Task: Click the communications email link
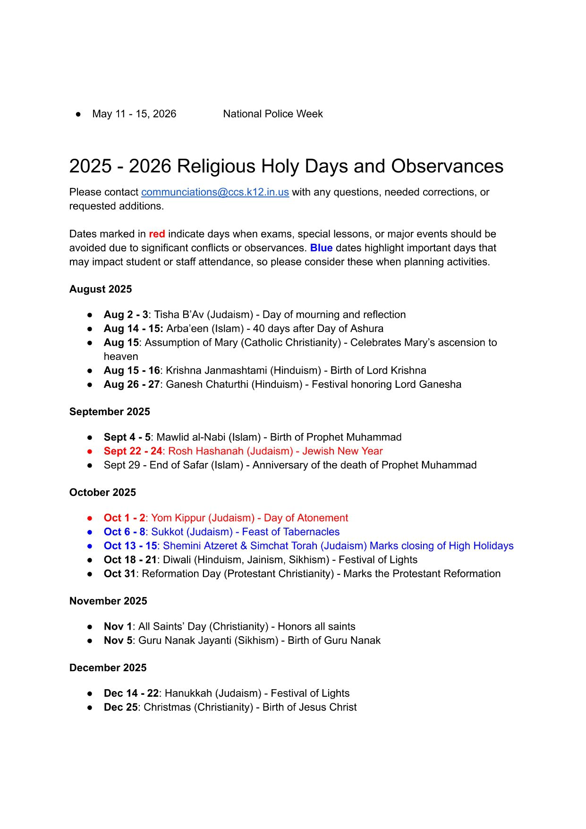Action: coord(215,192)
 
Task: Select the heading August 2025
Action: coord(101,289)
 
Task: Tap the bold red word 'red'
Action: coord(157,234)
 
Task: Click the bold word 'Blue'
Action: coord(321,248)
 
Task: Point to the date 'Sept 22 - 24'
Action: coord(133,451)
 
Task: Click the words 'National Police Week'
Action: coord(273,114)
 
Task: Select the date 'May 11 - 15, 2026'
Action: coord(134,114)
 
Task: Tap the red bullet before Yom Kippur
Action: coord(90,518)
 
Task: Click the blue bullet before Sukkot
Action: coord(90,532)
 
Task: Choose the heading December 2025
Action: coord(108,667)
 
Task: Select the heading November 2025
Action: coord(108,601)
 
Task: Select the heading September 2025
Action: coord(110,411)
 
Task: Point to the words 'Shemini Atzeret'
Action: coord(200,546)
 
